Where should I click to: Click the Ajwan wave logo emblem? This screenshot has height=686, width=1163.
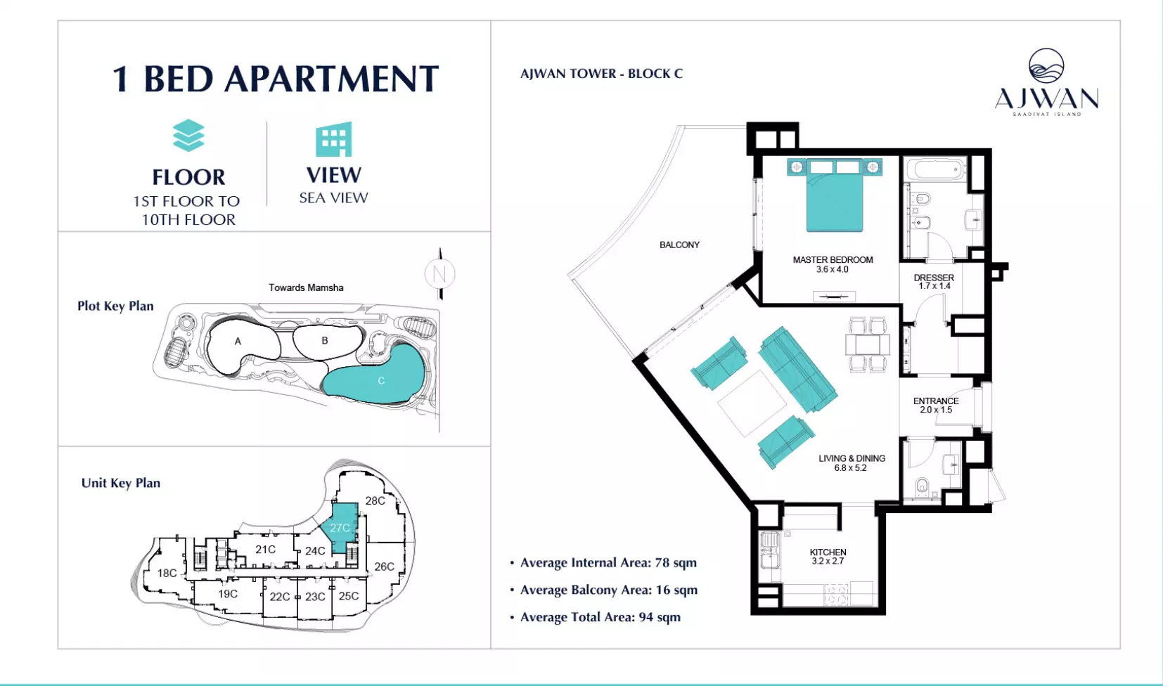point(1046,66)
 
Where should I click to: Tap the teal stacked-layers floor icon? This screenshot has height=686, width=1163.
point(188,136)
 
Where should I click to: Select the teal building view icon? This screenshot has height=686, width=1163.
point(334,139)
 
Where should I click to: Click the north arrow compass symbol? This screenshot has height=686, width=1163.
point(439,273)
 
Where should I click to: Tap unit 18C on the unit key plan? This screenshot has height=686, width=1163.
point(167,573)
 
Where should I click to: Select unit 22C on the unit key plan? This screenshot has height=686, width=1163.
point(279,597)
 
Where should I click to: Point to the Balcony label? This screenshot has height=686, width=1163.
point(679,245)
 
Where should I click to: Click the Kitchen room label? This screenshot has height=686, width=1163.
point(828,552)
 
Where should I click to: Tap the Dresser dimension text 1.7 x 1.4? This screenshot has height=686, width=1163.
point(934,286)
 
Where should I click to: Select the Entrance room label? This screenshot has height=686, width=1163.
point(936,401)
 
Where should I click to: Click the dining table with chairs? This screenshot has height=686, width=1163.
point(867,344)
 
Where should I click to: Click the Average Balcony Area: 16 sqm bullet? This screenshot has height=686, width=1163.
point(603,590)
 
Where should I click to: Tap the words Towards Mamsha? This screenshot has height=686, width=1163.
point(306,287)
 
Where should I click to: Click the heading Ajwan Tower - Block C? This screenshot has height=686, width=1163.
point(601,74)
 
